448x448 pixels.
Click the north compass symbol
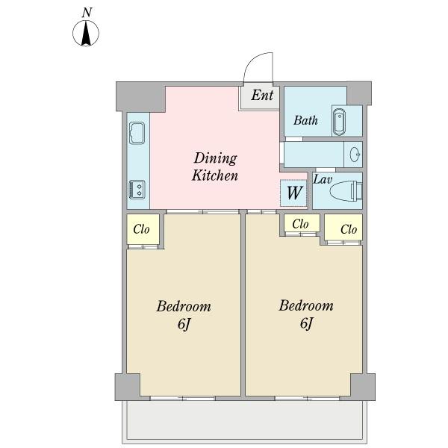pyautogui.click(x=86, y=33)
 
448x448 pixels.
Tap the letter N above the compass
pyautogui.click(x=87, y=13)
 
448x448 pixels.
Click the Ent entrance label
pyautogui.click(x=262, y=95)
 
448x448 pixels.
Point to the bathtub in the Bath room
pyautogui.click(x=339, y=121)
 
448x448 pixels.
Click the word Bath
pyautogui.click(x=305, y=120)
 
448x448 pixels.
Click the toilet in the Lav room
pyautogui.click(x=346, y=190)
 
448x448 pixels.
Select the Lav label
pyautogui.click(x=323, y=180)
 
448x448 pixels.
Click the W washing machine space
pyautogui.click(x=293, y=193)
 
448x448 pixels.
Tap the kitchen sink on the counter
pyautogui.click(x=137, y=133)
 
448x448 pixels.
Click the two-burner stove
pyautogui.click(x=137, y=190)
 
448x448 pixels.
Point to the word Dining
pyautogui.click(x=216, y=158)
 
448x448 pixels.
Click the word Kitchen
pyautogui.click(x=215, y=175)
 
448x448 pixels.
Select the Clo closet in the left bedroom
pyautogui.click(x=141, y=229)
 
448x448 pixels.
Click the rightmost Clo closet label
pyautogui.click(x=349, y=229)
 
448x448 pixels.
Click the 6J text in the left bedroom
pyautogui.click(x=184, y=324)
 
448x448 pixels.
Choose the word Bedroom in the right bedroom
pyautogui.click(x=306, y=305)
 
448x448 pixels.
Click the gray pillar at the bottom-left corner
pyautogui.click(x=128, y=387)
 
